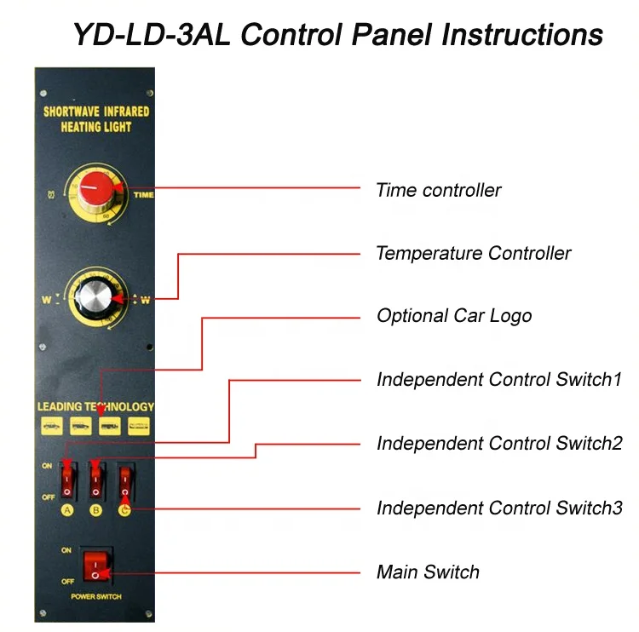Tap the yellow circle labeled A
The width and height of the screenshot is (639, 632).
coord(67,511)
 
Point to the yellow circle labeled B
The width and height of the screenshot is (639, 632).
coord(96,511)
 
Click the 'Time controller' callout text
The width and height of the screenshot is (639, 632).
coord(439,190)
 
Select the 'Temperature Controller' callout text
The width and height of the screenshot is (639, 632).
coord(473,253)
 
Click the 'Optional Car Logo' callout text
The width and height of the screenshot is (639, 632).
coord(454,316)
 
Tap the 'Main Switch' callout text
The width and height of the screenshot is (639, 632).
coord(428,572)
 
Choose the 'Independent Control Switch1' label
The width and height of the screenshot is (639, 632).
coord(499,379)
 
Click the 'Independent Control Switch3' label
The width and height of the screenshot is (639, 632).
coord(499,508)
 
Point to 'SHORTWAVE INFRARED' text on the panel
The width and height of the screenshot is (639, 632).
coord(96,112)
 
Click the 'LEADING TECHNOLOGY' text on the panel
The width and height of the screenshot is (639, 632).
coord(95,407)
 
